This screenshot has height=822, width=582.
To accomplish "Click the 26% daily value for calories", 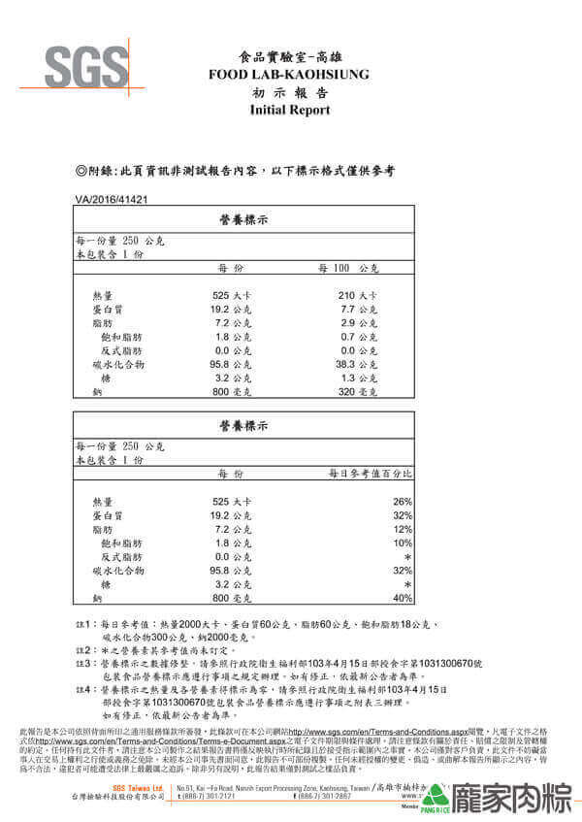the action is [x=403, y=501].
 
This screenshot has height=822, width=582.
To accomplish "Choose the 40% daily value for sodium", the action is [x=403, y=598].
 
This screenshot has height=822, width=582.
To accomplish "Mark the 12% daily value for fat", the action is [x=403, y=529].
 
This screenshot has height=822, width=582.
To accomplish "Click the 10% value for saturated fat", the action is [x=403, y=543].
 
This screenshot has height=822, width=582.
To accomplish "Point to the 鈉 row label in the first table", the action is [x=97, y=391].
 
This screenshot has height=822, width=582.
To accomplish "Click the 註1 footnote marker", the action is [x=81, y=625].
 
